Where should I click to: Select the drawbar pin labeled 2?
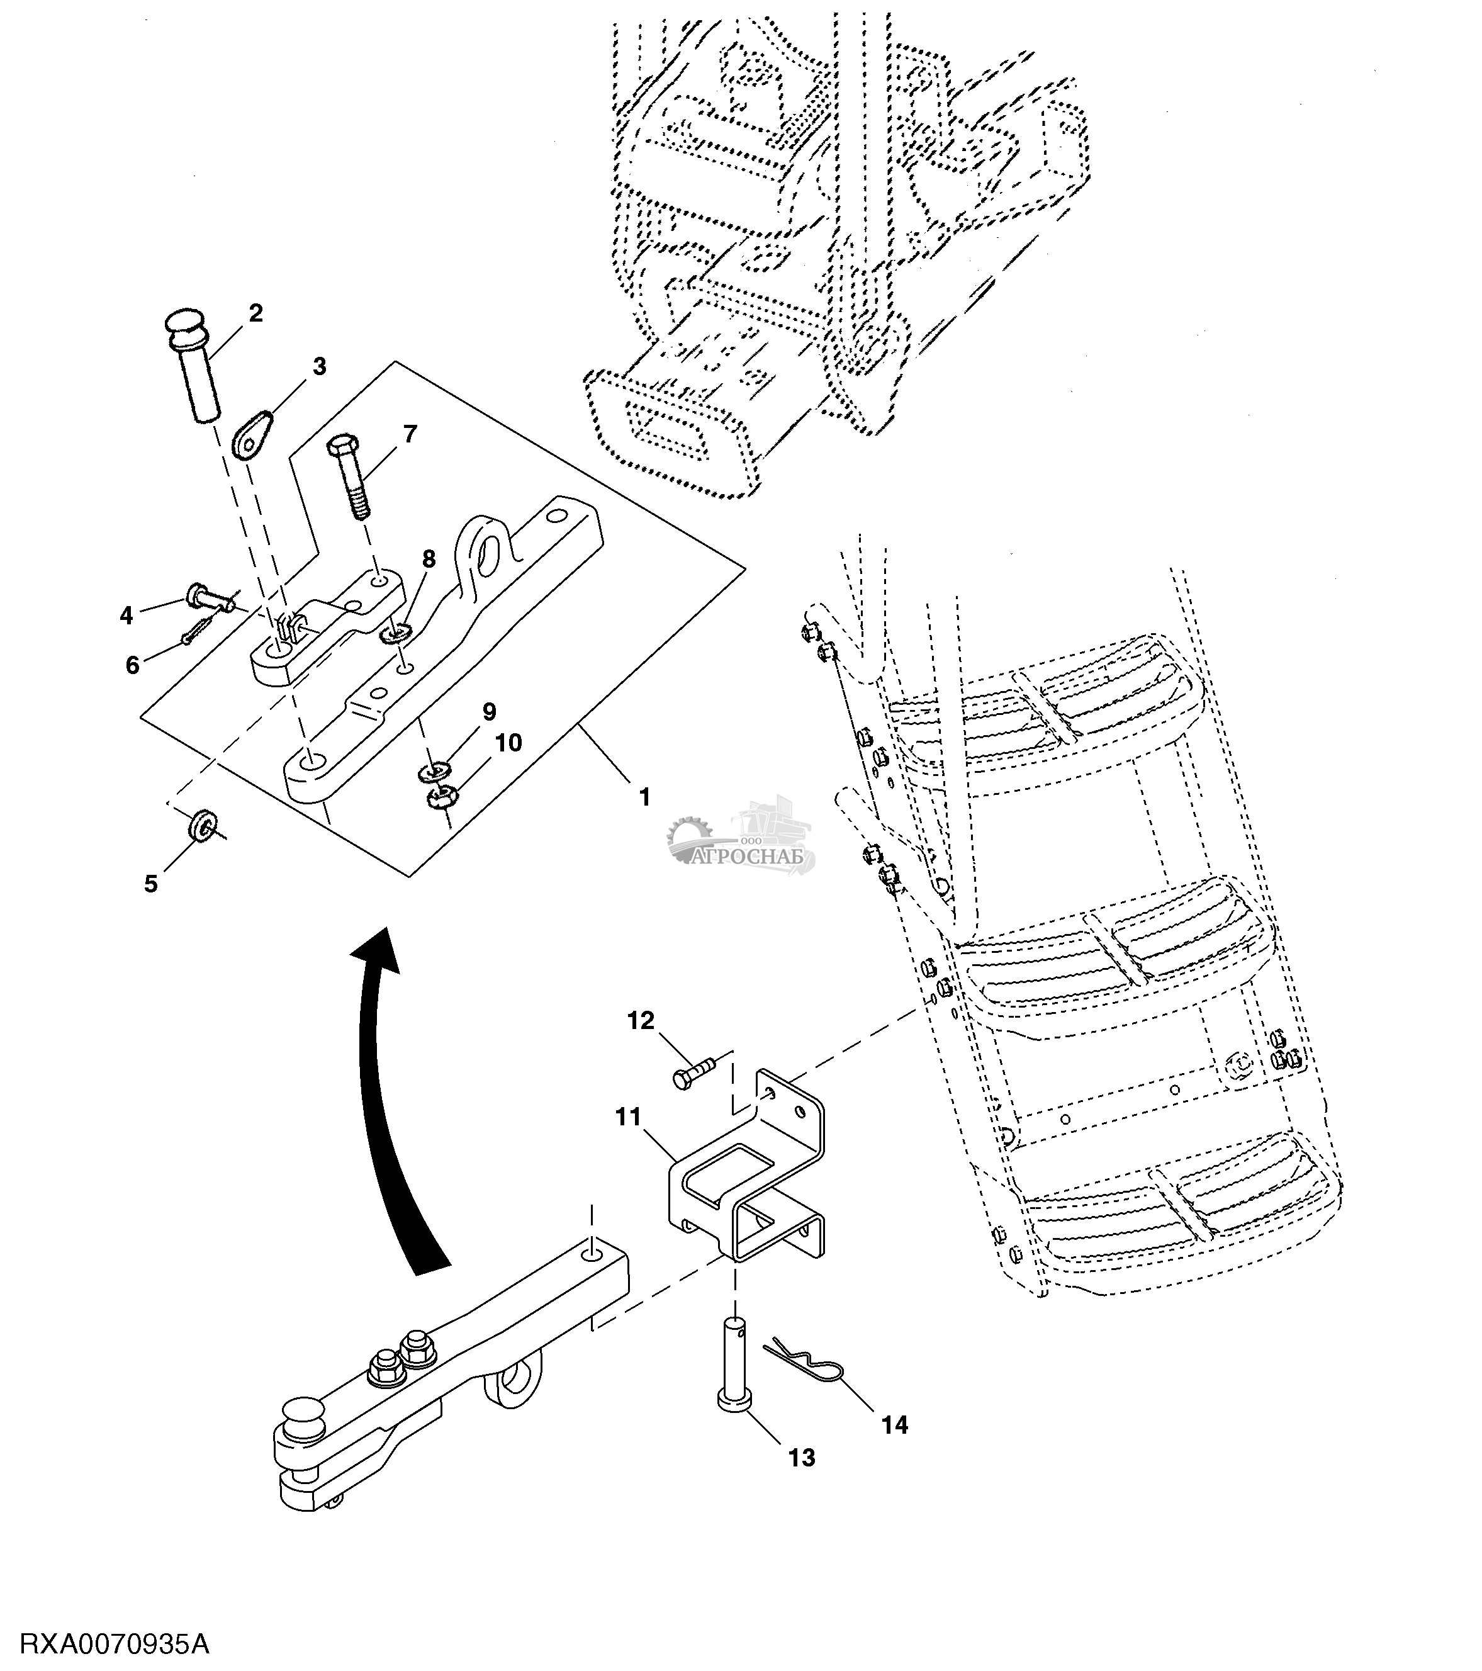pyautogui.click(x=194, y=366)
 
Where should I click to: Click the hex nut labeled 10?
pyautogui.click(x=441, y=796)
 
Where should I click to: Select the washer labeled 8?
pyautogui.click(x=396, y=632)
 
